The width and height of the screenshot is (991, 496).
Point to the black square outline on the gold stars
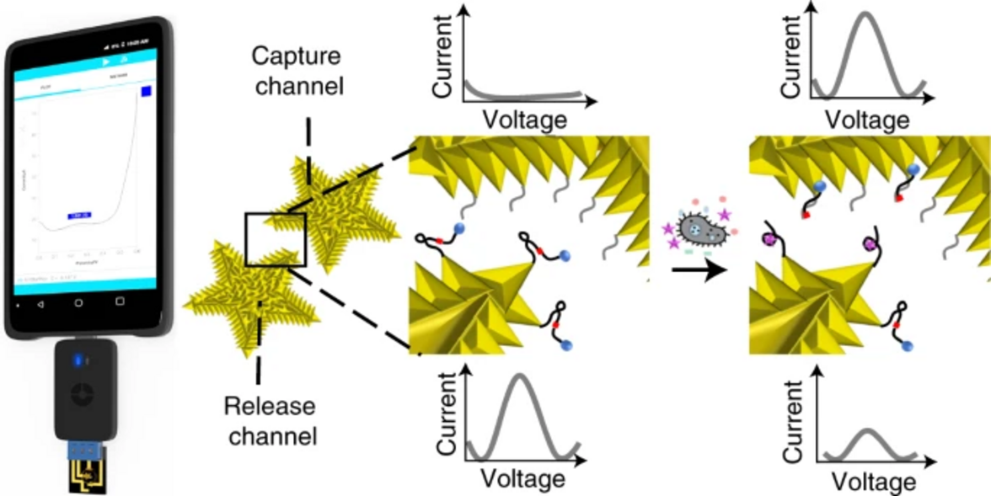[x=275, y=240]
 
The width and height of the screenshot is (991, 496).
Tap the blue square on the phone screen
[x=146, y=91]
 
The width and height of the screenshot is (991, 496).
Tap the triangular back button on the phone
[x=39, y=301]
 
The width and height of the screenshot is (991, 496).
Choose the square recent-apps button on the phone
[x=120, y=301]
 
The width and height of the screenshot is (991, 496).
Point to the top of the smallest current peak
[x=869, y=430]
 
